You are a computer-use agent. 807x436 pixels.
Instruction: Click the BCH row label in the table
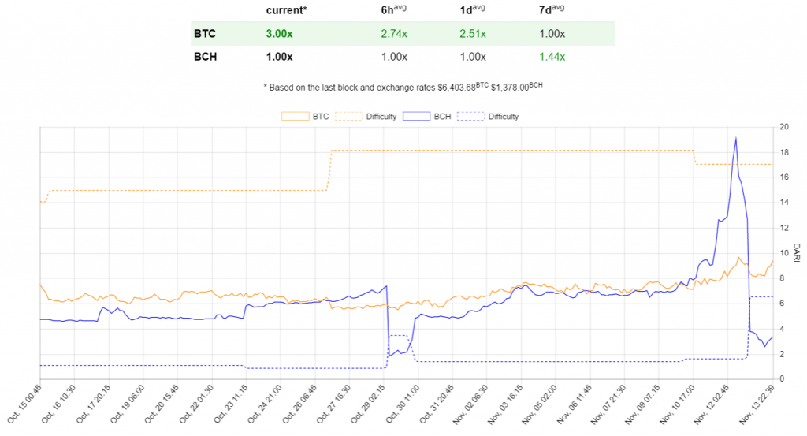205,57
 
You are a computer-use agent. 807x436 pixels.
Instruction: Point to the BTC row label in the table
204,35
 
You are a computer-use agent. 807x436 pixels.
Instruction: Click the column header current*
286,11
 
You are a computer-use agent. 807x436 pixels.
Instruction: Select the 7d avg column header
552,11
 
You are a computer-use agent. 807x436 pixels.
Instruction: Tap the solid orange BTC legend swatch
295,117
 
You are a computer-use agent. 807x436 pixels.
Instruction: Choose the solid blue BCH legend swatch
415,117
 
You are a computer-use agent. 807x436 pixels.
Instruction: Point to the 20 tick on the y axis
783,126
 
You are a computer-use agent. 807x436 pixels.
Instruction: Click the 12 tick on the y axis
783,228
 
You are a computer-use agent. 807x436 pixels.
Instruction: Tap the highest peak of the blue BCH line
735,138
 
